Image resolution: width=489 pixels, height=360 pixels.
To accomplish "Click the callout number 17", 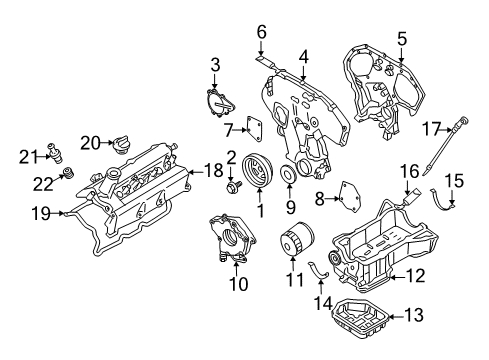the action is click(432, 129).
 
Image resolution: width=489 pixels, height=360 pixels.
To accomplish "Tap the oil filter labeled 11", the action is click(296, 239).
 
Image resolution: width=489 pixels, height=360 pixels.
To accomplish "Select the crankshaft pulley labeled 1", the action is click(258, 170).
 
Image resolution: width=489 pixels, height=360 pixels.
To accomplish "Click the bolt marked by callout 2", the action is click(232, 187).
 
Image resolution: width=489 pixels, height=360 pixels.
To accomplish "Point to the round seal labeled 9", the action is click(289, 174).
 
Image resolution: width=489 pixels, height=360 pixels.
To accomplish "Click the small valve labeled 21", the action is click(55, 153).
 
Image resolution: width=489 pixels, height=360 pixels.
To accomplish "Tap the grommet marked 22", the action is click(68, 172).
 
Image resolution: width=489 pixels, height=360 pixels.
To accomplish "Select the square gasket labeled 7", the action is click(254, 129).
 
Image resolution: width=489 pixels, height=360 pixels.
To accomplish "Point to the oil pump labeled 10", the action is click(232, 239).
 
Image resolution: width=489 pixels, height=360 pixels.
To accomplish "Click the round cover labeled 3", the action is click(220, 103).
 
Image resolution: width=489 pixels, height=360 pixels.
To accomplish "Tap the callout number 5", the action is click(402, 39).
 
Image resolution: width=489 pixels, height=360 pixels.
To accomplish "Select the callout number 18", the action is click(213, 171).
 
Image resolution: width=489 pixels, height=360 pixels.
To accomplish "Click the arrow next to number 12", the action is click(397, 277).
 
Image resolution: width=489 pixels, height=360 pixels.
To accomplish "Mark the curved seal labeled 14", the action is click(318, 270).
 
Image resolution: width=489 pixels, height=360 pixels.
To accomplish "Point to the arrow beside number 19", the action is click(58, 213).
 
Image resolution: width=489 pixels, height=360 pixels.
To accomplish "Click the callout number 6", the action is click(262, 32).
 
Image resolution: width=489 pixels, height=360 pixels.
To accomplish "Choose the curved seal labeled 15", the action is click(440, 202).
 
